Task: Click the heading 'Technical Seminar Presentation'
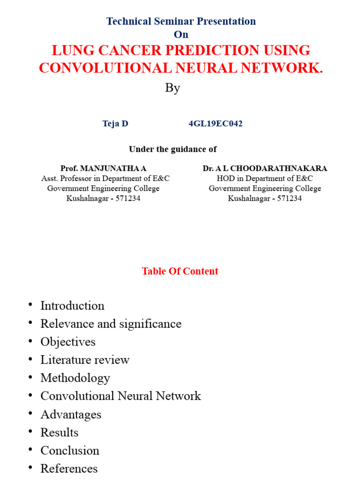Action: tap(181, 21)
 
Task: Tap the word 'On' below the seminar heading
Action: tap(181, 35)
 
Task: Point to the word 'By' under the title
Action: tap(172, 88)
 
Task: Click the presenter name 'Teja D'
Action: tap(115, 124)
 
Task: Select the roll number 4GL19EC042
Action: tap(216, 124)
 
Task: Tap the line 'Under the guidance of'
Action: tap(173, 149)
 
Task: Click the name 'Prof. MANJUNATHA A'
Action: tap(104, 168)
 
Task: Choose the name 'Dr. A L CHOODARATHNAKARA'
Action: tap(265, 168)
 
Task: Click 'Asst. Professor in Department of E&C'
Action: tap(105, 179)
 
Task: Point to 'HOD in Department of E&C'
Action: tap(265, 179)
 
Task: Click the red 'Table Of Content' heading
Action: tap(180, 271)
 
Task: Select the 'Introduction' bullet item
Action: tap(72, 306)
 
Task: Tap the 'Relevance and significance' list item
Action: tap(111, 324)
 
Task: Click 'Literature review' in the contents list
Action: tap(85, 360)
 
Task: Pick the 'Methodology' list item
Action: tap(75, 378)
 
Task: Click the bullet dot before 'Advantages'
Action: tap(30, 413)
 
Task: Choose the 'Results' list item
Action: tap(59, 432)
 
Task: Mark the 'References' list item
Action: tap(69, 468)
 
